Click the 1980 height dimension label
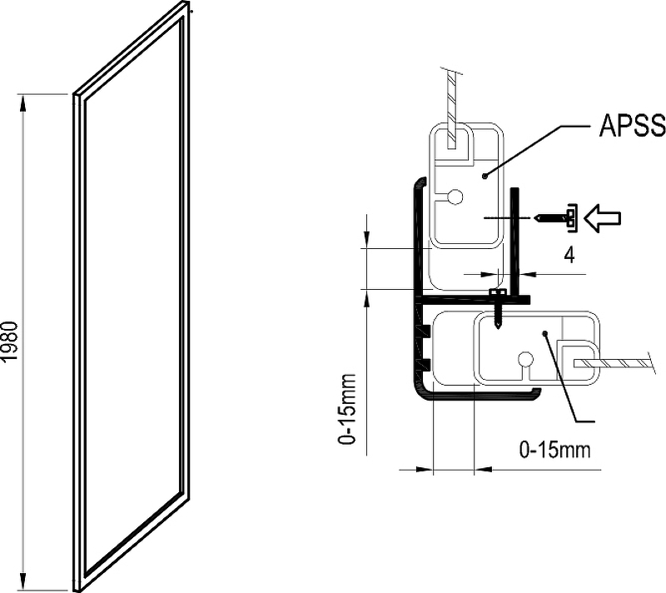[x=10, y=341]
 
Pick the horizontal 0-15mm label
[x=554, y=451]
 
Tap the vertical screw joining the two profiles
[x=497, y=306]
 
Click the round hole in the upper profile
[x=455, y=197]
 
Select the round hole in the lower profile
[x=524, y=360]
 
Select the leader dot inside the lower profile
[x=544, y=333]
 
